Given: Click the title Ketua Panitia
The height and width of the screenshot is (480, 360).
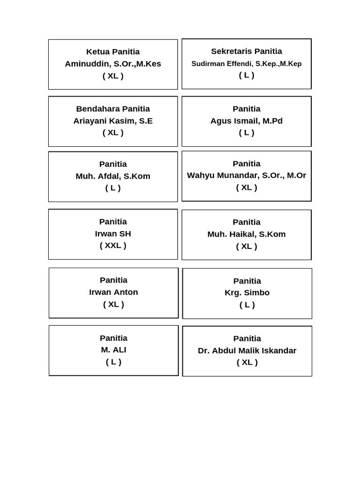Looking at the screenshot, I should (x=113, y=52).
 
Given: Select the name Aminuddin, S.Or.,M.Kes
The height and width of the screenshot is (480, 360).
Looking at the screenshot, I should (x=113, y=64).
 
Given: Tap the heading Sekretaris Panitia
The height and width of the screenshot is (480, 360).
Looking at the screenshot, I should (x=247, y=51).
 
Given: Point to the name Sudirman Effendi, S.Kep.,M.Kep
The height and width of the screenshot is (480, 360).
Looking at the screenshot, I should (x=247, y=63).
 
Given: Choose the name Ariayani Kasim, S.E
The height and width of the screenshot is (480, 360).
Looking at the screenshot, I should (x=113, y=120).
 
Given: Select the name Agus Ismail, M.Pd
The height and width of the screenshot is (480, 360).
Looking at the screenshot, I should (x=247, y=120).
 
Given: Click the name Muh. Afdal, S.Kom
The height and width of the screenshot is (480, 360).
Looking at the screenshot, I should (x=113, y=176).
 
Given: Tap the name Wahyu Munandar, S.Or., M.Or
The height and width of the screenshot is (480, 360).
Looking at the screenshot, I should (x=247, y=175).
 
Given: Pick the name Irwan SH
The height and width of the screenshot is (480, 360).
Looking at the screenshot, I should (x=113, y=233).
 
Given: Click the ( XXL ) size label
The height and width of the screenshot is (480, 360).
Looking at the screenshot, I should (x=113, y=245).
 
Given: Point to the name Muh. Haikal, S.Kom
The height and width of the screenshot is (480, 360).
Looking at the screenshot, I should (x=247, y=234).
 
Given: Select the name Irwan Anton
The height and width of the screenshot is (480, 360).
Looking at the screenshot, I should (x=113, y=292).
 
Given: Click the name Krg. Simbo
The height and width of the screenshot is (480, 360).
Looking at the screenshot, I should (x=247, y=292).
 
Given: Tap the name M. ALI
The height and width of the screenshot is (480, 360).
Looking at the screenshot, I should (x=113, y=350).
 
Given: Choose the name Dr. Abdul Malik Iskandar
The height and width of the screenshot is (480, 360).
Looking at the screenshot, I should (x=247, y=350).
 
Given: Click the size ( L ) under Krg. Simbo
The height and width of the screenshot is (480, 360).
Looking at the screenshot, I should (x=247, y=305).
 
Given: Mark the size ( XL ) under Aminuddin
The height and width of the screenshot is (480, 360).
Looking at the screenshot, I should (x=113, y=76).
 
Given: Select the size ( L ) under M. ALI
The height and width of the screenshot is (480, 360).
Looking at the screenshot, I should (x=113, y=361).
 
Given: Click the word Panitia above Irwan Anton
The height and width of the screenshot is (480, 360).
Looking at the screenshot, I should (x=113, y=280).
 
